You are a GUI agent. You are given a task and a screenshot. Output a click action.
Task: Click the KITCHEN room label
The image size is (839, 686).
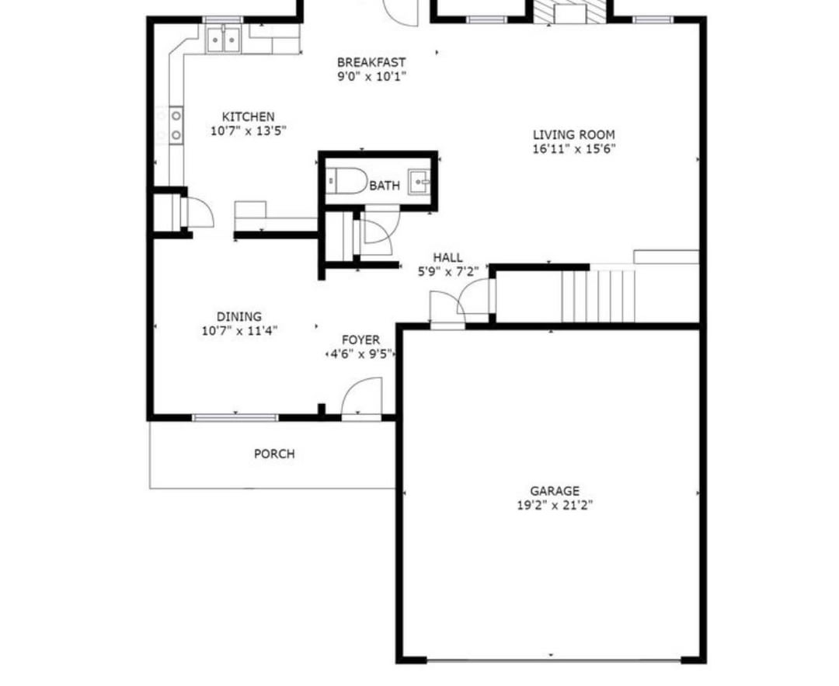(x=249, y=117)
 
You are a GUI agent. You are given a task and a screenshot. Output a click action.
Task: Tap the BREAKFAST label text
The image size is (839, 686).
(x=371, y=62)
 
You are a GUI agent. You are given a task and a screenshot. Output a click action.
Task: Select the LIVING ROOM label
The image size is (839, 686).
(x=573, y=135)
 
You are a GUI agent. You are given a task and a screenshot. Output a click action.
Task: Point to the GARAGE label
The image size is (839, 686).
(x=555, y=491)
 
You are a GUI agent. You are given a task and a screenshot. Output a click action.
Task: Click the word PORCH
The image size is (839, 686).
(x=274, y=454)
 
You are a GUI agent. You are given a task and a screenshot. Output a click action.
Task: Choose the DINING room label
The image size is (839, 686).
(x=239, y=317)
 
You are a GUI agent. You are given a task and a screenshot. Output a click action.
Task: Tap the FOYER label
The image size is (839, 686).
(x=361, y=340)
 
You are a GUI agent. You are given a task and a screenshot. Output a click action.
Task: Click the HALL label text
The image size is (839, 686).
(x=448, y=257)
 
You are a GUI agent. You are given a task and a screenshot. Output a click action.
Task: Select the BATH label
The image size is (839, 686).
(x=385, y=186)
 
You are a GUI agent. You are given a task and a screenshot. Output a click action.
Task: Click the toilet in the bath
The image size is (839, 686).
(x=346, y=181)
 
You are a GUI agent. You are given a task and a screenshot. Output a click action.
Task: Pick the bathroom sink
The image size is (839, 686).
(x=419, y=182)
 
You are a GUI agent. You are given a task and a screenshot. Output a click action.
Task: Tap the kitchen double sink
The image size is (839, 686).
(x=223, y=39)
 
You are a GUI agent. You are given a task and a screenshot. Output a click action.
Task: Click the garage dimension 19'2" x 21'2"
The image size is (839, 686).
(x=555, y=505)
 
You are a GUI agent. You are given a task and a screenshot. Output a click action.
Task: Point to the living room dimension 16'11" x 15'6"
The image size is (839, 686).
(x=573, y=148)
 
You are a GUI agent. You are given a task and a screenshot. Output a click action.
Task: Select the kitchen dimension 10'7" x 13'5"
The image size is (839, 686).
(x=249, y=131)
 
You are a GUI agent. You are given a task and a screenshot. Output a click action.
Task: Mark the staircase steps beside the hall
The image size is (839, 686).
(x=597, y=296)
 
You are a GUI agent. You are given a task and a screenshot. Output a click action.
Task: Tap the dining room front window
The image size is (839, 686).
(x=235, y=417)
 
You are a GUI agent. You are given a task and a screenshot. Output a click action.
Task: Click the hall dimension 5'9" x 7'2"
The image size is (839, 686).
(x=448, y=271)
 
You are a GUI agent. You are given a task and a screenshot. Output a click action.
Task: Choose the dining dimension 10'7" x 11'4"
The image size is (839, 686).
(x=239, y=331)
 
